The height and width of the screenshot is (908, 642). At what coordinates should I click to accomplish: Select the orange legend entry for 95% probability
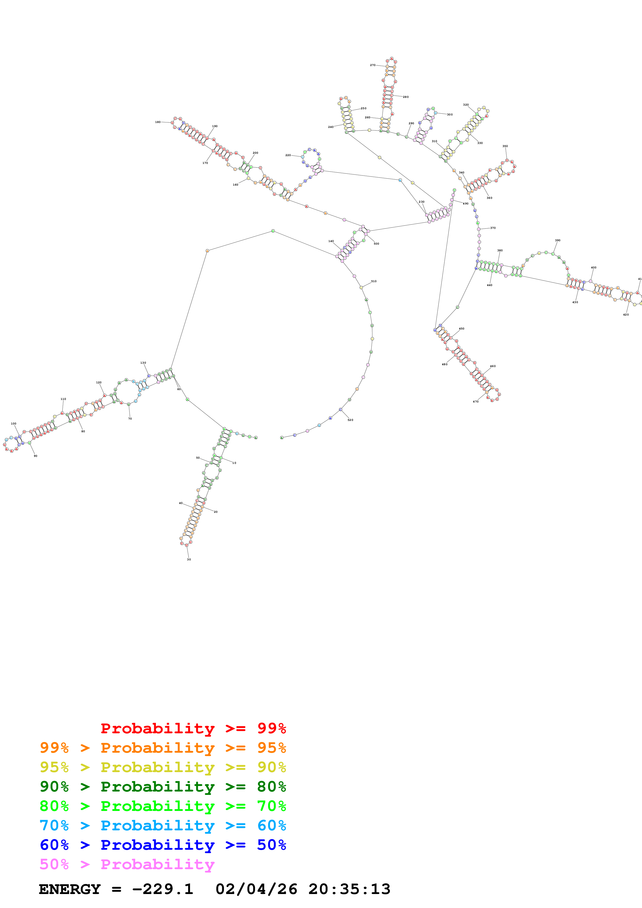[163, 748]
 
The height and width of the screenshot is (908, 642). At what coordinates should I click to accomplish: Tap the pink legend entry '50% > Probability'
[127, 865]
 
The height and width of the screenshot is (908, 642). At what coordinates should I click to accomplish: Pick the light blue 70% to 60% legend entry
[163, 826]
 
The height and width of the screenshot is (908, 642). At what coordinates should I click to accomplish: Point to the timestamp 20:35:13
[349, 889]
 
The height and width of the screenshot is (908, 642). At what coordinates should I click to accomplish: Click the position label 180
[158, 122]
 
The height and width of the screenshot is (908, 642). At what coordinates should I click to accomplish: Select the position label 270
[373, 65]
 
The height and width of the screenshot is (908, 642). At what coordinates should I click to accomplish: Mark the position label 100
[13, 423]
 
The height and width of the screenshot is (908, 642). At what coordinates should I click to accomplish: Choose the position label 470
[475, 402]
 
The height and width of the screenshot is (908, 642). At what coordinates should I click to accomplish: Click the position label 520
[350, 420]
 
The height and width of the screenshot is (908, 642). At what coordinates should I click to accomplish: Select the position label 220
[288, 155]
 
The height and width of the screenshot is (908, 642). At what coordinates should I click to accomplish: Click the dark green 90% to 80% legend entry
[163, 787]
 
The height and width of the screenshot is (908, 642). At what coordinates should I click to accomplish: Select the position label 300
[450, 115]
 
